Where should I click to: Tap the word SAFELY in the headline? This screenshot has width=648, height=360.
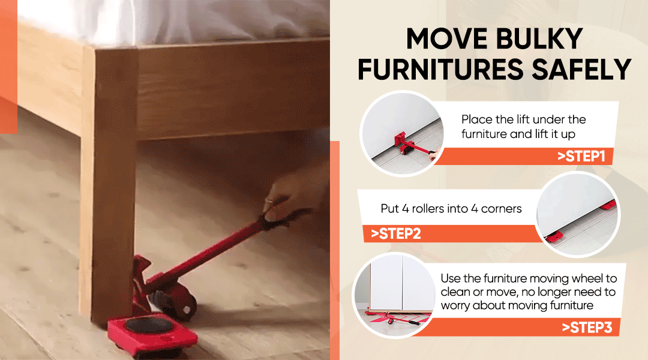pyautogui.click(x=581, y=69)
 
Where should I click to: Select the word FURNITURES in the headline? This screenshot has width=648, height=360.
pyautogui.click(x=442, y=69)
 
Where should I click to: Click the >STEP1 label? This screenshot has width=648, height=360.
pyautogui.click(x=581, y=156)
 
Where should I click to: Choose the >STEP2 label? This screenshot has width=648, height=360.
pyautogui.click(x=396, y=233)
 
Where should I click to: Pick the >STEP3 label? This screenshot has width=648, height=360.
pyautogui.click(x=587, y=328)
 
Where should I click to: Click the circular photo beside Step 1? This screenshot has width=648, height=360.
pyautogui.click(x=401, y=134)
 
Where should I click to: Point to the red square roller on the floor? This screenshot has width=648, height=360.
pyautogui.click(x=152, y=334)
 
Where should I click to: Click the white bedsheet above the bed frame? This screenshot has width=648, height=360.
pyautogui.click(x=173, y=20)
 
